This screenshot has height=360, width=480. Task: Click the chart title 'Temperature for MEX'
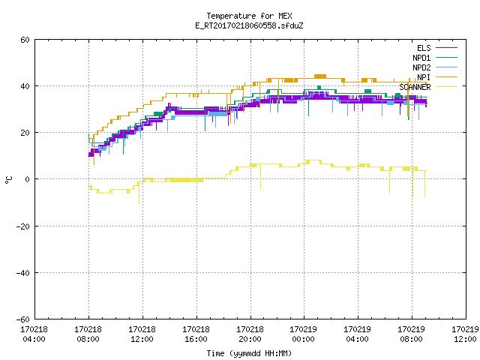tap(249, 16)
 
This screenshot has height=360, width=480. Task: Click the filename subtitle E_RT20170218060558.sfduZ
tap(249, 25)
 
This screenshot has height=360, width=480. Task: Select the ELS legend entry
tap(436, 48)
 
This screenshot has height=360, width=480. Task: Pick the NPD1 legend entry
tap(435, 58)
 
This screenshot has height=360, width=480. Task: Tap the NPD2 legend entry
tap(435, 67)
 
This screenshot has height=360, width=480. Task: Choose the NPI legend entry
tap(437, 77)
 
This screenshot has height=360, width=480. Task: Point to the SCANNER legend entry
tap(428, 87)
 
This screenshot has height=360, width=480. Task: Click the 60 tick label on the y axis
tap(25, 40)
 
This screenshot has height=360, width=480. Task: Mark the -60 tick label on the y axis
tap(23, 319)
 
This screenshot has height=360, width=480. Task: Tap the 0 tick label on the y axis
tap(27, 179)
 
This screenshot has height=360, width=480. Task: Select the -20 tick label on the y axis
tap(23, 226)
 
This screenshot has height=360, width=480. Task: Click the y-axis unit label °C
tap(8, 180)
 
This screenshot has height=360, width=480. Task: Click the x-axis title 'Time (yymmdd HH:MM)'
tap(249, 353)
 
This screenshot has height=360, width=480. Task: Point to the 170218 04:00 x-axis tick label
tap(34, 334)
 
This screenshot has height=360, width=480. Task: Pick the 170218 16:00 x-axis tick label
tap(196, 334)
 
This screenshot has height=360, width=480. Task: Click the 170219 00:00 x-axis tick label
tap(303, 334)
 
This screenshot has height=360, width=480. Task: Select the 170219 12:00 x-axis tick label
tap(465, 334)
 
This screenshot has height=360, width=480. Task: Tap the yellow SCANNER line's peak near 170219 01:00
tap(313, 160)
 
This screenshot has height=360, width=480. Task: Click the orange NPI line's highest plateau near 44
tap(320, 76)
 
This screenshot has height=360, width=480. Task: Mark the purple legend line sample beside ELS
tap(447, 48)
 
